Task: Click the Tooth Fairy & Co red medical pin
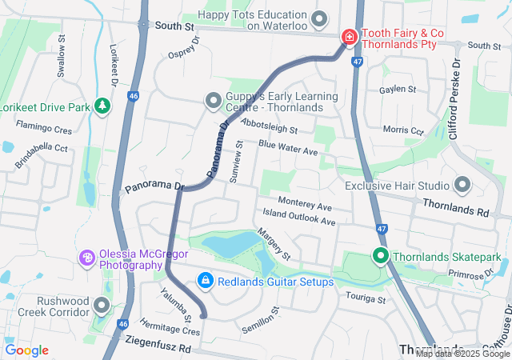point(350,37)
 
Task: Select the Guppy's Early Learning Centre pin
point(213,101)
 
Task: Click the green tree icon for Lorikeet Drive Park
point(102,106)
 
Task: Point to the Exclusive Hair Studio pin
point(462,186)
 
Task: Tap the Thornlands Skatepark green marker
point(380,257)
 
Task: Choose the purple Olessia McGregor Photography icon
point(87,258)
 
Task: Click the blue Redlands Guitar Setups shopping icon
point(206,281)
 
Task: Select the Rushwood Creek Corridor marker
point(102,306)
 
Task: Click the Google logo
point(26,350)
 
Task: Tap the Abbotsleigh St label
point(269,129)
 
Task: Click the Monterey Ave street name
point(305,204)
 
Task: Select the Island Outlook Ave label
point(299,218)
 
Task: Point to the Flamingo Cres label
point(44,128)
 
